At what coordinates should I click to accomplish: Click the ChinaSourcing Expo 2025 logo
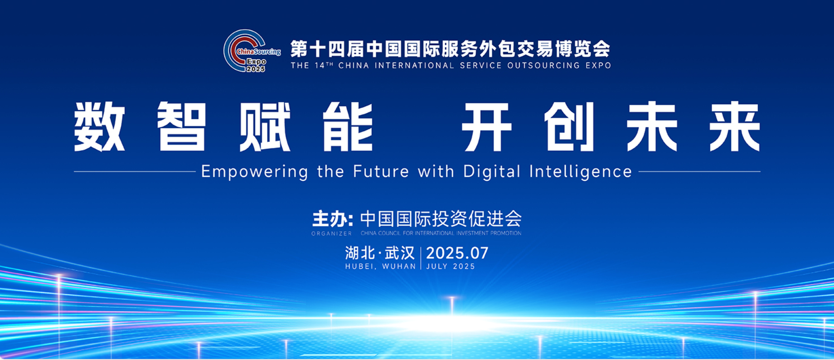(x=252, y=51)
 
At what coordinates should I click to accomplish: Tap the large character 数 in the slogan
(x=100, y=126)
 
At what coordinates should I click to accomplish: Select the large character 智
(x=182, y=126)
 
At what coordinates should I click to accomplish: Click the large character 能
(x=348, y=126)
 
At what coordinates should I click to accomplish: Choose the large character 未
(x=652, y=126)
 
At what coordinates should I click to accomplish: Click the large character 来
(x=735, y=126)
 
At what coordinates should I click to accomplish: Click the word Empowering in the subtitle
(x=254, y=172)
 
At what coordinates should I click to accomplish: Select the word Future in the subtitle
(x=381, y=171)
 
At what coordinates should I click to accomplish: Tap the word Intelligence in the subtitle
(x=581, y=172)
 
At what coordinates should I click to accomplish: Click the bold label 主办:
(x=333, y=219)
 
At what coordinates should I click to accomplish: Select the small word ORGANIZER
(x=331, y=234)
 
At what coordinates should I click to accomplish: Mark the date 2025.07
(x=457, y=253)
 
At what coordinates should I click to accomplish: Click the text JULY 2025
(x=451, y=267)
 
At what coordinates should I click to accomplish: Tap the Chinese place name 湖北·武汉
(x=380, y=253)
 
